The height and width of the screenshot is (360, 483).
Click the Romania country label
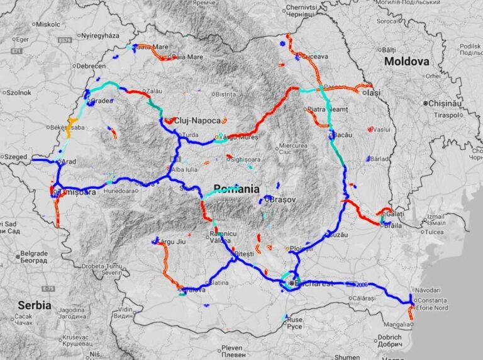pos(236,189)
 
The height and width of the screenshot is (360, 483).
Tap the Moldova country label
pos(406,61)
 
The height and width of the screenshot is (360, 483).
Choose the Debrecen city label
pos(91,65)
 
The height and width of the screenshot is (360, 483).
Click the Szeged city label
pos(16,156)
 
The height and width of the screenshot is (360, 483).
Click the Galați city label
pos(395,215)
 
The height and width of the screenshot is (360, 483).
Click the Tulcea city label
pos(436,232)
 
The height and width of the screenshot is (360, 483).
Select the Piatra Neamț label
pos(328,110)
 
